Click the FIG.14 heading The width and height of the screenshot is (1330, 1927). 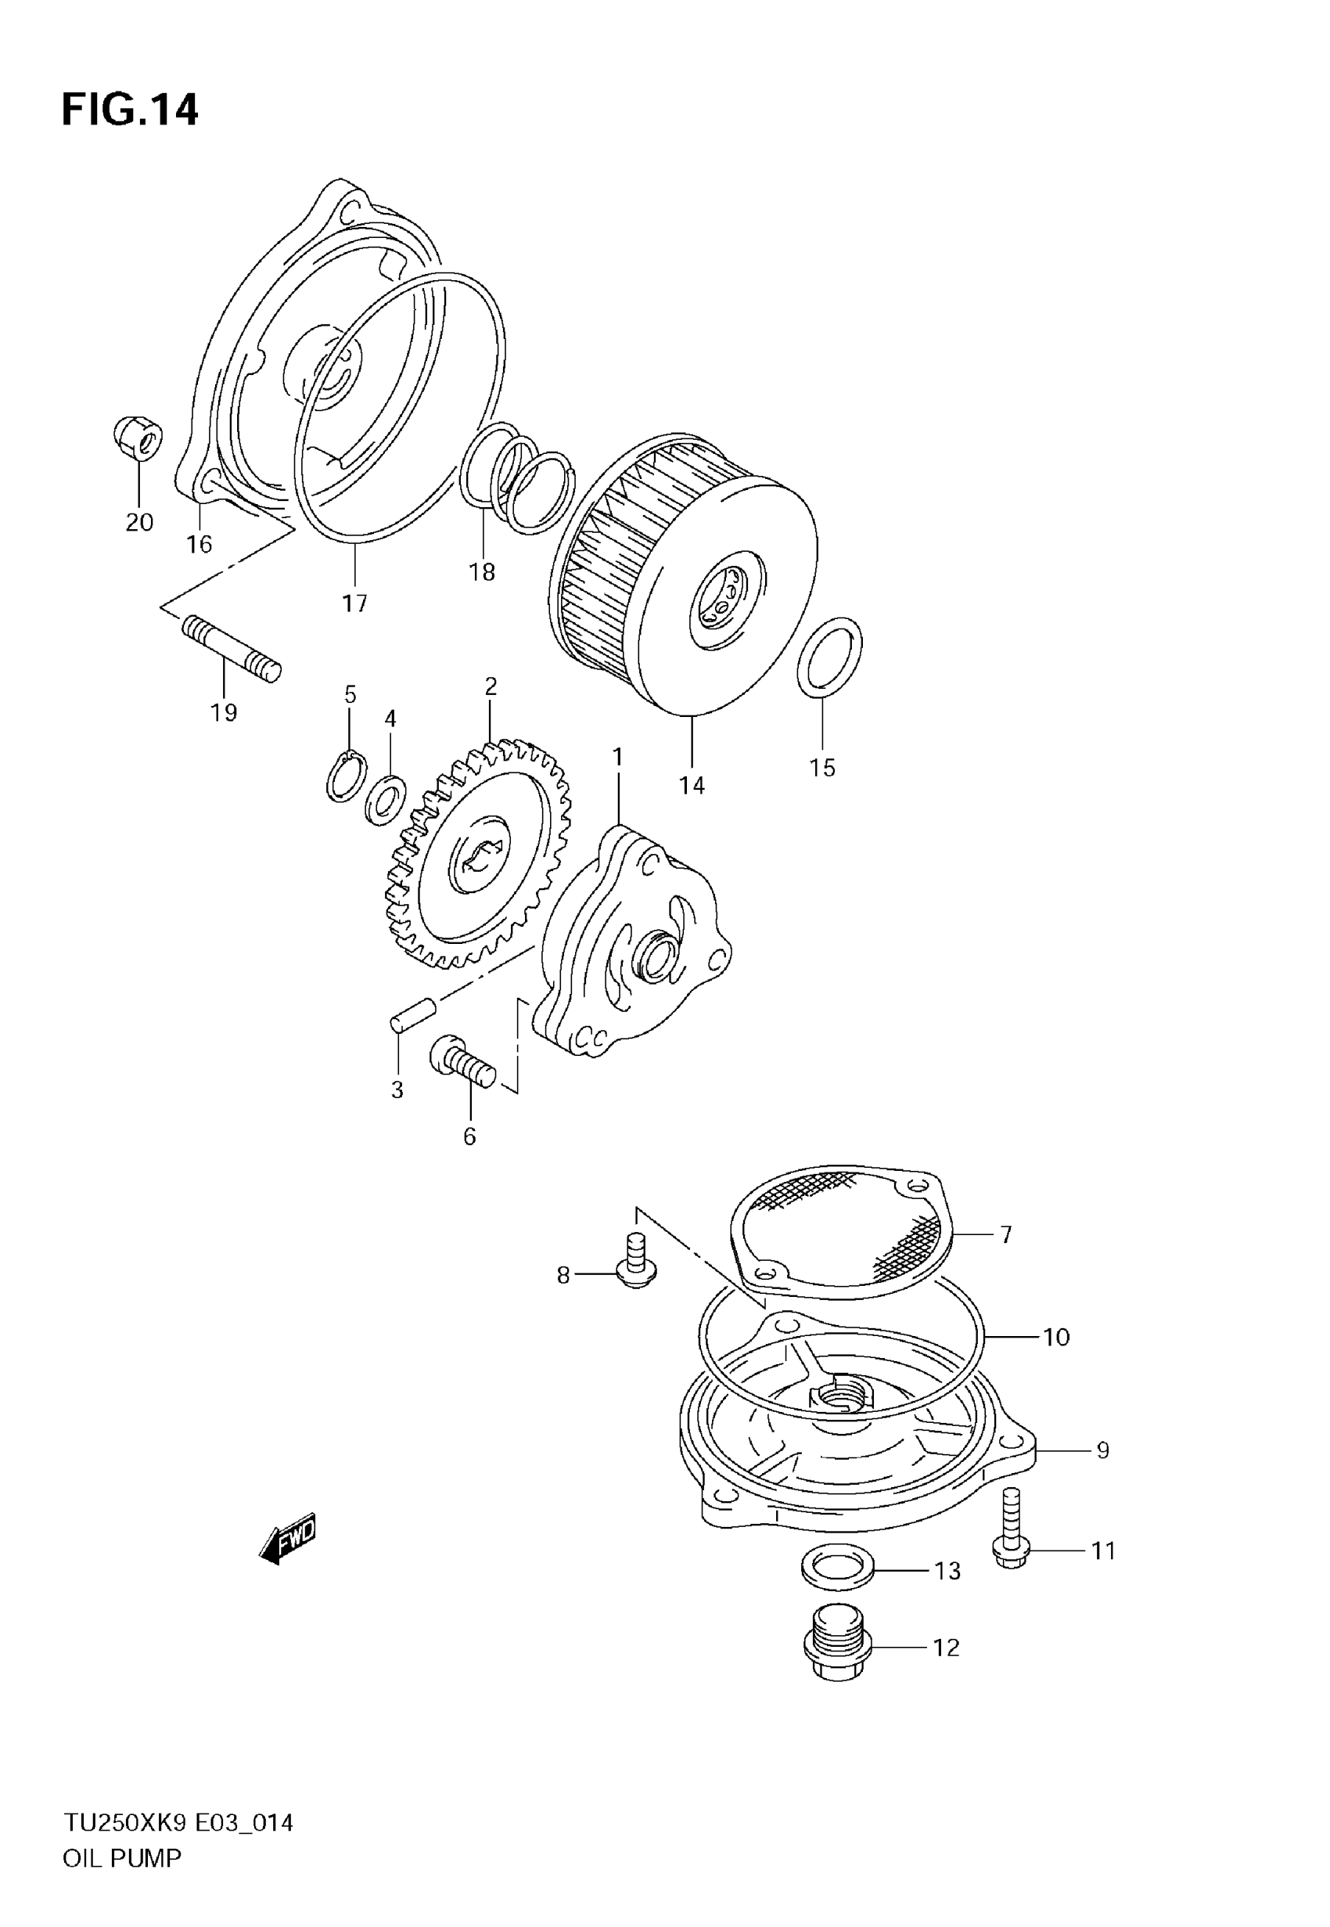click(x=130, y=110)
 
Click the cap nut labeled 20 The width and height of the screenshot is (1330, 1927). click(x=138, y=437)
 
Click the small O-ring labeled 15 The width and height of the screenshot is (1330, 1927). click(x=829, y=657)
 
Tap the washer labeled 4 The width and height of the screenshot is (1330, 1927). click(x=386, y=801)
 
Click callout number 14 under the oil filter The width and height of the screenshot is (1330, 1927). click(x=692, y=785)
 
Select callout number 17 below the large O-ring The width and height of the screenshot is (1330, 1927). click(x=355, y=603)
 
